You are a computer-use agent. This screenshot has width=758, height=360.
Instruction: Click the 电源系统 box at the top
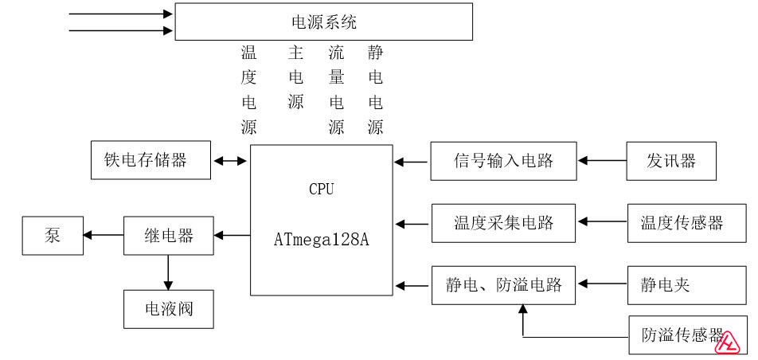[323, 22]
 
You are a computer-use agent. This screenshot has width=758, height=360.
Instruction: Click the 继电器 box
[168, 235]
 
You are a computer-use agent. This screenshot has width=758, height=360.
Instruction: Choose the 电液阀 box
[168, 309]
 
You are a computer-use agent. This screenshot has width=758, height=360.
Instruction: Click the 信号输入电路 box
[502, 161]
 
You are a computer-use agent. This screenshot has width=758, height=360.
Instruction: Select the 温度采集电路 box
[502, 223]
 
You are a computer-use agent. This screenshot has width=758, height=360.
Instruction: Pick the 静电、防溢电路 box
[502, 285]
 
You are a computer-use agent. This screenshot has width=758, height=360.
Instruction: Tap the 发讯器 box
[671, 161]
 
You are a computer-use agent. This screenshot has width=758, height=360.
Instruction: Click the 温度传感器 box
[681, 223]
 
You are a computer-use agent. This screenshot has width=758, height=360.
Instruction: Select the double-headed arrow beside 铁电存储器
[231, 161]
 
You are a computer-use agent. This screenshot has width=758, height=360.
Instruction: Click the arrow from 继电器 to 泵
[104, 235]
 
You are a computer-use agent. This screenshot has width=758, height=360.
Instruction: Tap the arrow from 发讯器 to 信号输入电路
[602, 161]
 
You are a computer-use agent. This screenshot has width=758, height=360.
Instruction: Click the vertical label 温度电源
[248, 90]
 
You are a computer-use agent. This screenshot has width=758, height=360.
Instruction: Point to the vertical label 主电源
[295, 78]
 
